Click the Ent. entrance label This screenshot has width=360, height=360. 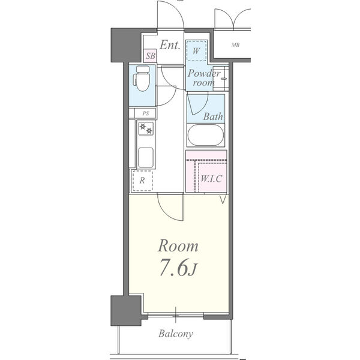click(x=170, y=45)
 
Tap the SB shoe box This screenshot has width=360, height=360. click(x=151, y=56)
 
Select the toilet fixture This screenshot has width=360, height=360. click(x=142, y=78)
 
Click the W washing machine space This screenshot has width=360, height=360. click(x=196, y=51)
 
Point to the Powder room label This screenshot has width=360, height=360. click(x=203, y=78)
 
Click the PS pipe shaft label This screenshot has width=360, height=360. click(x=146, y=113)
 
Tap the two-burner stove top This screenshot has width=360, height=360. click(x=146, y=128)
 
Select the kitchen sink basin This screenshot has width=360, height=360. click(x=146, y=157)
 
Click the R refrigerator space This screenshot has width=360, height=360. click(x=142, y=181)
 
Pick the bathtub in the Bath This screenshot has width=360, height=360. click(x=206, y=135)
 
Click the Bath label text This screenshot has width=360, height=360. click(x=213, y=116)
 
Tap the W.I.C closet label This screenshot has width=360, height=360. click(x=211, y=179)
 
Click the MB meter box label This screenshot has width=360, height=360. click(x=235, y=45)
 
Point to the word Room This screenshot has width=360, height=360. click(x=178, y=246)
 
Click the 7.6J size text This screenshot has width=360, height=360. click(x=178, y=268)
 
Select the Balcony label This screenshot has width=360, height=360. click(x=176, y=334)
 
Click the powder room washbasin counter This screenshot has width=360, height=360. click(x=221, y=79)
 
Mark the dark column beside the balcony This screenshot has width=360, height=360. click(x=126, y=311)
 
